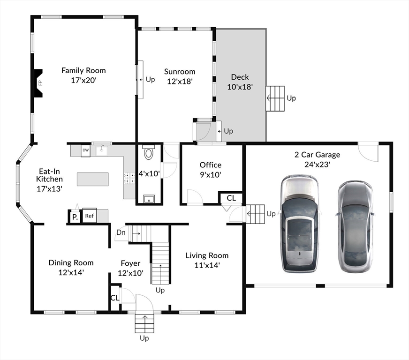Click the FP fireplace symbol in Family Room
38,83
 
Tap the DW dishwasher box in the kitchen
85,151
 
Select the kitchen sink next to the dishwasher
101,151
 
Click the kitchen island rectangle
92,179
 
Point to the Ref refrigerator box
90,216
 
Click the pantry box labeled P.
75,217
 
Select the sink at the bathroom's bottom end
149,199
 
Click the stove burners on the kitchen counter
129,178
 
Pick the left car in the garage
300,224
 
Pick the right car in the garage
355,226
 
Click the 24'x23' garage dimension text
317,165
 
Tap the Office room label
211,165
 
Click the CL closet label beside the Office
231,198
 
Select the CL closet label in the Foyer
115,298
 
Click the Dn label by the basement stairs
121,232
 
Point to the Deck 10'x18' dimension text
240,87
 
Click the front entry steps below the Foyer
144,323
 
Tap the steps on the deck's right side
275,98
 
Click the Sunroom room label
180,71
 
